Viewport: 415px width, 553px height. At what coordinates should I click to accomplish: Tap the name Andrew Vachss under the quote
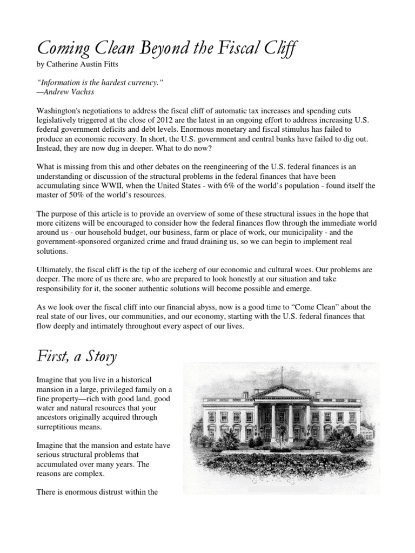point(67,91)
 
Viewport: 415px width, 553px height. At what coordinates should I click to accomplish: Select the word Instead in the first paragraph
point(50,147)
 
